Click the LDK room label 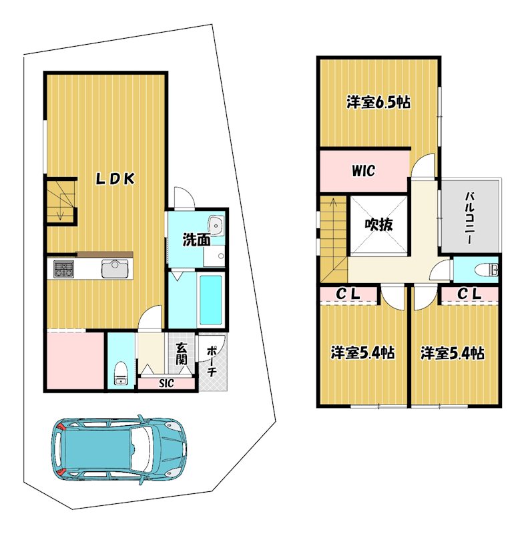pos(115,178)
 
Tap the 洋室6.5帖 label pos(378,102)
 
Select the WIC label pos(363,170)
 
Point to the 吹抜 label pos(378,224)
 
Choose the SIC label pos(166,383)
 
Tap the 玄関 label pos(182,354)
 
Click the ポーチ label pos(212,361)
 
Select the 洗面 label pos(196,240)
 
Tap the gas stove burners pos(63,269)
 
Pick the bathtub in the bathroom pos(210,300)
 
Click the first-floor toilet pos(120,374)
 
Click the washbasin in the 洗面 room pos(216,225)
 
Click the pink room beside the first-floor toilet pos(75,361)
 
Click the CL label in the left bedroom pos(348,294)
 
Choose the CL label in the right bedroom pos(469,294)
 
